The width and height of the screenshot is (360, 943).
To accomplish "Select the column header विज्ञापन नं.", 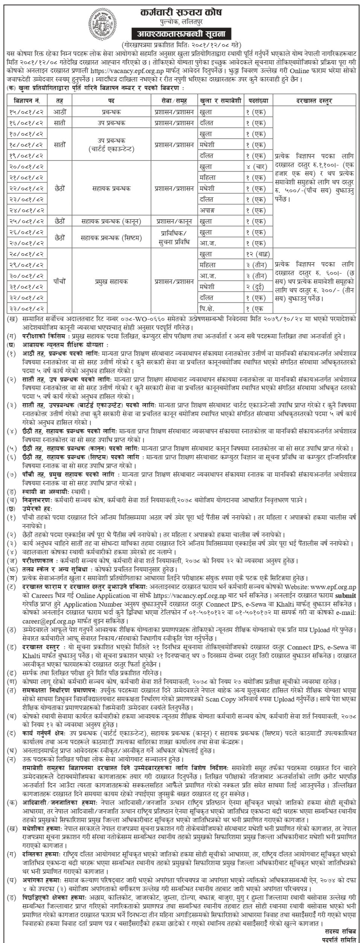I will [26, 101].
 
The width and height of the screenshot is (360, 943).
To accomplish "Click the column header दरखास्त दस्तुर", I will [314, 101].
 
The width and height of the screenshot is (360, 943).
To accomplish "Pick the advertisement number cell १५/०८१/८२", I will [26, 112].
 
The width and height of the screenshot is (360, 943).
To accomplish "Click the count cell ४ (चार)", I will [258, 167].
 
